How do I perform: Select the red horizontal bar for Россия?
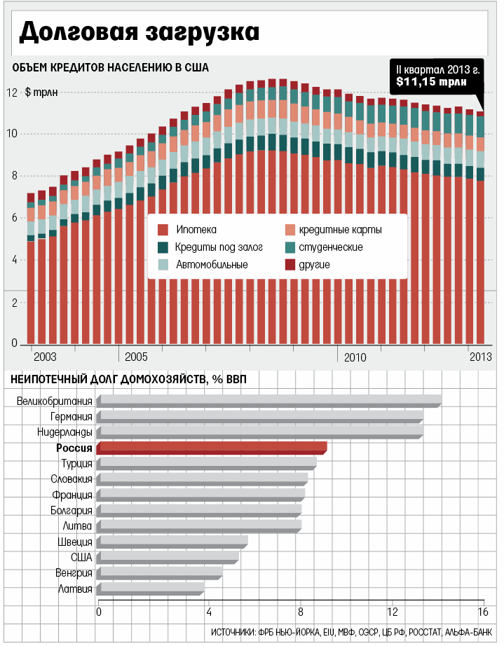(212, 448)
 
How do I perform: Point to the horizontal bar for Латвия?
(151, 589)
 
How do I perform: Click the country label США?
(82, 557)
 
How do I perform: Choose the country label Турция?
(76, 464)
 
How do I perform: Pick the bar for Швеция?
(172, 542)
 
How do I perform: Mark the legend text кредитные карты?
(340, 230)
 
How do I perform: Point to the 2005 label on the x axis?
(136, 357)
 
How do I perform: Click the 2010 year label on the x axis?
(355, 357)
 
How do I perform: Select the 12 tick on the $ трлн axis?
(12, 92)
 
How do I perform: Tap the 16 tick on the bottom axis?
(482, 611)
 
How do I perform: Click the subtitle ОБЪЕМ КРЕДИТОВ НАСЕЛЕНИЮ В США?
(109, 67)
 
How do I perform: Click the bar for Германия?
(260, 417)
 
